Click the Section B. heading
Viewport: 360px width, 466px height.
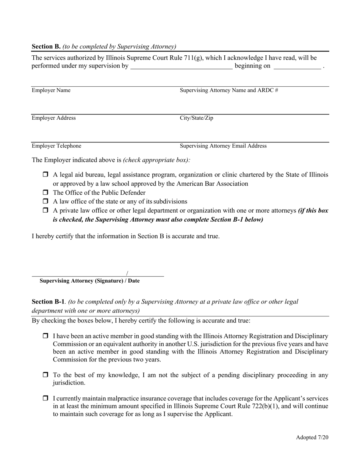[x=46, y=47]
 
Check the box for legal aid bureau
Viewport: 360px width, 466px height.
[x=45, y=175]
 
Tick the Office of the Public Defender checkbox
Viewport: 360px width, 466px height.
[x=45, y=192]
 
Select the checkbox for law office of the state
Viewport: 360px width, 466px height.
[x=45, y=201]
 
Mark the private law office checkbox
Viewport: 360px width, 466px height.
[x=45, y=210]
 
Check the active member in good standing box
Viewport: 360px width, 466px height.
[x=45, y=336]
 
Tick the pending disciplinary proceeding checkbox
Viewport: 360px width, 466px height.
[x=45, y=375]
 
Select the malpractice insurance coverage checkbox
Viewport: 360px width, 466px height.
[x=45, y=399]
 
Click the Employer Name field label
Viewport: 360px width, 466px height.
[x=51, y=90]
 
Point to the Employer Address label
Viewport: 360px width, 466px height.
[x=53, y=118]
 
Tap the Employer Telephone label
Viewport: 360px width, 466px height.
[x=56, y=146]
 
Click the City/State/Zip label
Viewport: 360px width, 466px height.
[x=196, y=118]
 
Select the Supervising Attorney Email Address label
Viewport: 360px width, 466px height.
[x=223, y=146]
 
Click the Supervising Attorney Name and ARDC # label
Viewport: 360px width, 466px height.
[x=229, y=90]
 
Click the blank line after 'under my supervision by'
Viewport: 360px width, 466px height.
[x=181, y=67]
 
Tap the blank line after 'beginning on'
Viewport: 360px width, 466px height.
[x=297, y=67]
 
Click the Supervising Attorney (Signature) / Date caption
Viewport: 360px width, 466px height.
[x=89, y=281]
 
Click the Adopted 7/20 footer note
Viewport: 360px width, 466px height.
[x=312, y=437]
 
